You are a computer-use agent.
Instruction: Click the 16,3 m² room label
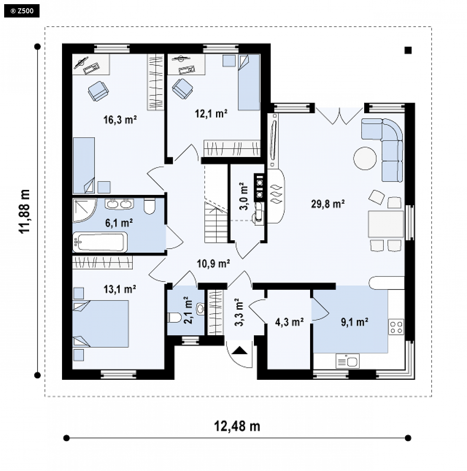120,120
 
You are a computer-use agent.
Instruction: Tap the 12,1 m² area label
211,114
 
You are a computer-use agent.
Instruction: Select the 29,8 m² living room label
328,204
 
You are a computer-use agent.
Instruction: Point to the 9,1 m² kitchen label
355,322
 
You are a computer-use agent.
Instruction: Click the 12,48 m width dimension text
237,426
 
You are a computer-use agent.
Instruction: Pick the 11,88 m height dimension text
25,211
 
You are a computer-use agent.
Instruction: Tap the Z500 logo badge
22,11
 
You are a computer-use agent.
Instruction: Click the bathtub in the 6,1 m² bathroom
100,242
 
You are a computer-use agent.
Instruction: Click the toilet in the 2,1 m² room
174,317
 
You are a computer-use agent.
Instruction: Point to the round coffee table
365,158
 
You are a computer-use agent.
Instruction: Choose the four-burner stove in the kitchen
396,327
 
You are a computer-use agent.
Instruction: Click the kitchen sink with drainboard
347,361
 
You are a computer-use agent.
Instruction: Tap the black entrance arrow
239,351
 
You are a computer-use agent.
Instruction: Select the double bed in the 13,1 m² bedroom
101,324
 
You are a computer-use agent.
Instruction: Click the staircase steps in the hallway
216,222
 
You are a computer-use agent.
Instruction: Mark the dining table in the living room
386,224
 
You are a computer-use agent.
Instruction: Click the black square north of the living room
408,50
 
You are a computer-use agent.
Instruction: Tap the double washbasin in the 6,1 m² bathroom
119,204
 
